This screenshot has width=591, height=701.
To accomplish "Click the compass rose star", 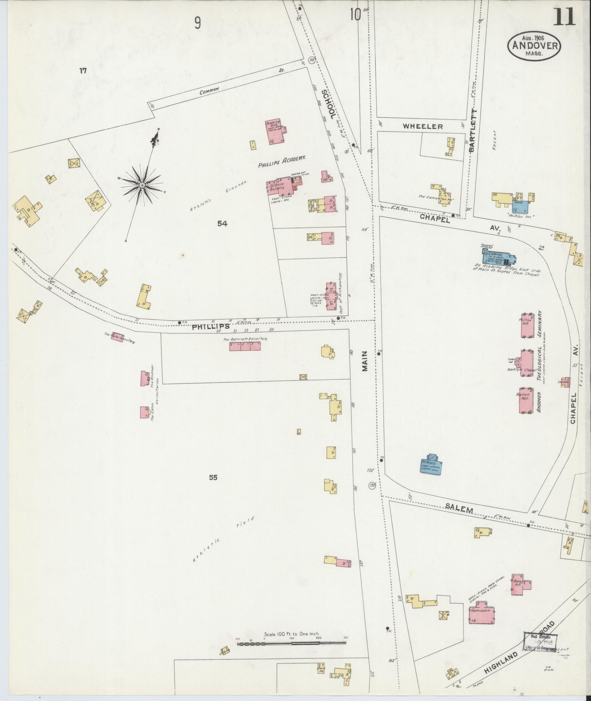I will coord(142,185).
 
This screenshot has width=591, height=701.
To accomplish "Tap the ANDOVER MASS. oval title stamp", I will coord(535,45).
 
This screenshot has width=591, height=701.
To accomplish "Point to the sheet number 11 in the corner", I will coord(564,17).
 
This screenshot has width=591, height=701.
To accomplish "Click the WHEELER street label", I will coord(422,126).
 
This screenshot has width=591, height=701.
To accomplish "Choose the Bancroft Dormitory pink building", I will coord(245,346).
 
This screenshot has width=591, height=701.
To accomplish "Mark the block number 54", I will coord(222,223).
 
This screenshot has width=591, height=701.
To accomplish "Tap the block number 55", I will coord(213,477).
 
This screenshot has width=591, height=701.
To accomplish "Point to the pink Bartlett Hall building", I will coord(526,401).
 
